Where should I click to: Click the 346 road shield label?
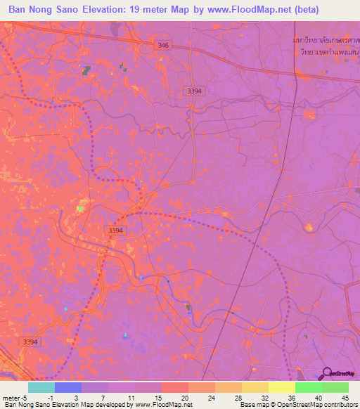(163, 45)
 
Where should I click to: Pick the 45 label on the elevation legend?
(345, 397)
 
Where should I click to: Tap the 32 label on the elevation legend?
(256, 397)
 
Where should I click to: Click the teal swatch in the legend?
(41, 387)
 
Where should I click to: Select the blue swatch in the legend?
(68, 387)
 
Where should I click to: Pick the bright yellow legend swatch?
(282, 387)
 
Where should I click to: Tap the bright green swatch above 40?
(309, 387)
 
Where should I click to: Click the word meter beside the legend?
(11, 397)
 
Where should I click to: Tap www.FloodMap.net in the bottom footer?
(162, 405)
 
